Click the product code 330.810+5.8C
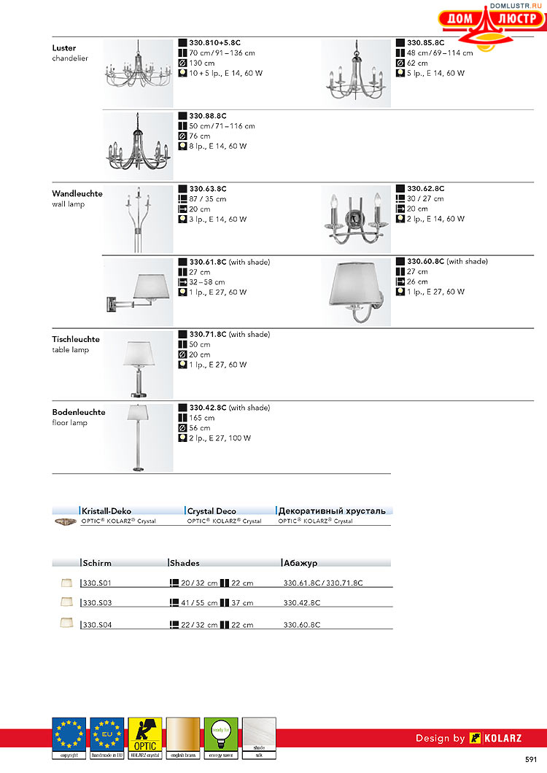214,43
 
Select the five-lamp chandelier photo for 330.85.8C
355,73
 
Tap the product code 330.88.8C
208,116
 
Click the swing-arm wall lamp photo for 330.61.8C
139,290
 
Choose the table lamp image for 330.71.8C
139,364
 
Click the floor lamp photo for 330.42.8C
138,436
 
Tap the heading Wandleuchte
77,194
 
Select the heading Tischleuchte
76,339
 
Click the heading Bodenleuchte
79,412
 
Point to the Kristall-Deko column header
106,511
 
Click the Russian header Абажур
300,563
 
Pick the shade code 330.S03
96,603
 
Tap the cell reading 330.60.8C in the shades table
301,625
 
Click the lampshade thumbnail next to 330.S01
68,582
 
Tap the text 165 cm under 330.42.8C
202,418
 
